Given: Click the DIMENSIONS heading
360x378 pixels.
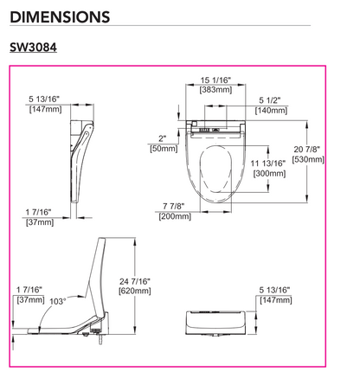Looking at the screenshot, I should [60, 16].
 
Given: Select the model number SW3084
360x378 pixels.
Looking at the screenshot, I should [32, 49].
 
